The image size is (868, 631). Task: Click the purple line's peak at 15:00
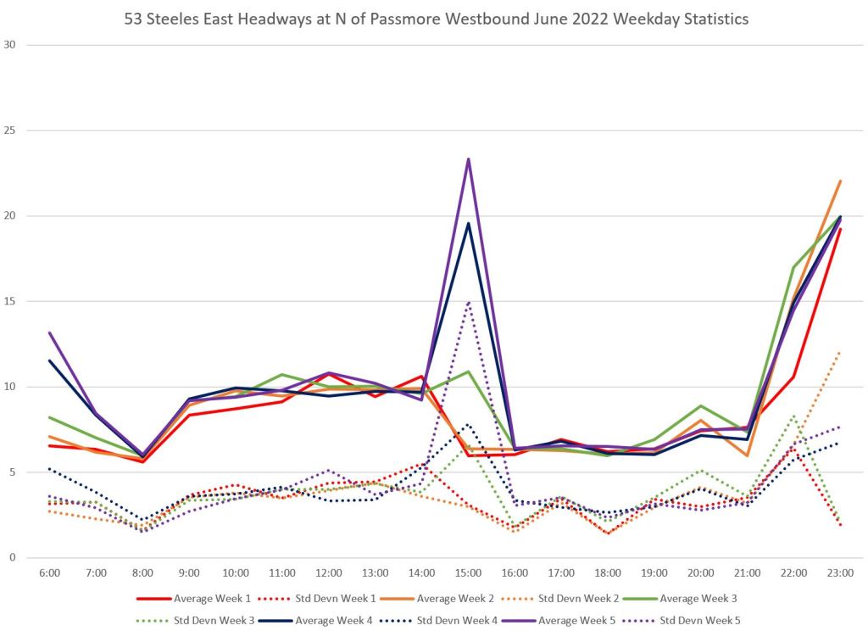pyautogui.click(x=468, y=159)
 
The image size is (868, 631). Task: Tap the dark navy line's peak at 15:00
pyautogui.click(x=468, y=223)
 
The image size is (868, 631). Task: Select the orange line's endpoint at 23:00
pyautogui.click(x=839, y=181)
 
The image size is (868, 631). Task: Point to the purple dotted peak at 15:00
pyautogui.click(x=468, y=301)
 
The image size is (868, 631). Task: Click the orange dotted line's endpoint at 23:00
pyautogui.click(x=839, y=352)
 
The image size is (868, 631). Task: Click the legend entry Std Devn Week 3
pyautogui.click(x=211, y=620)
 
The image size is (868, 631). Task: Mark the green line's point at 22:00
pyautogui.click(x=793, y=267)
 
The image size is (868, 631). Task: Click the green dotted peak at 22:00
pyautogui.click(x=793, y=416)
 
